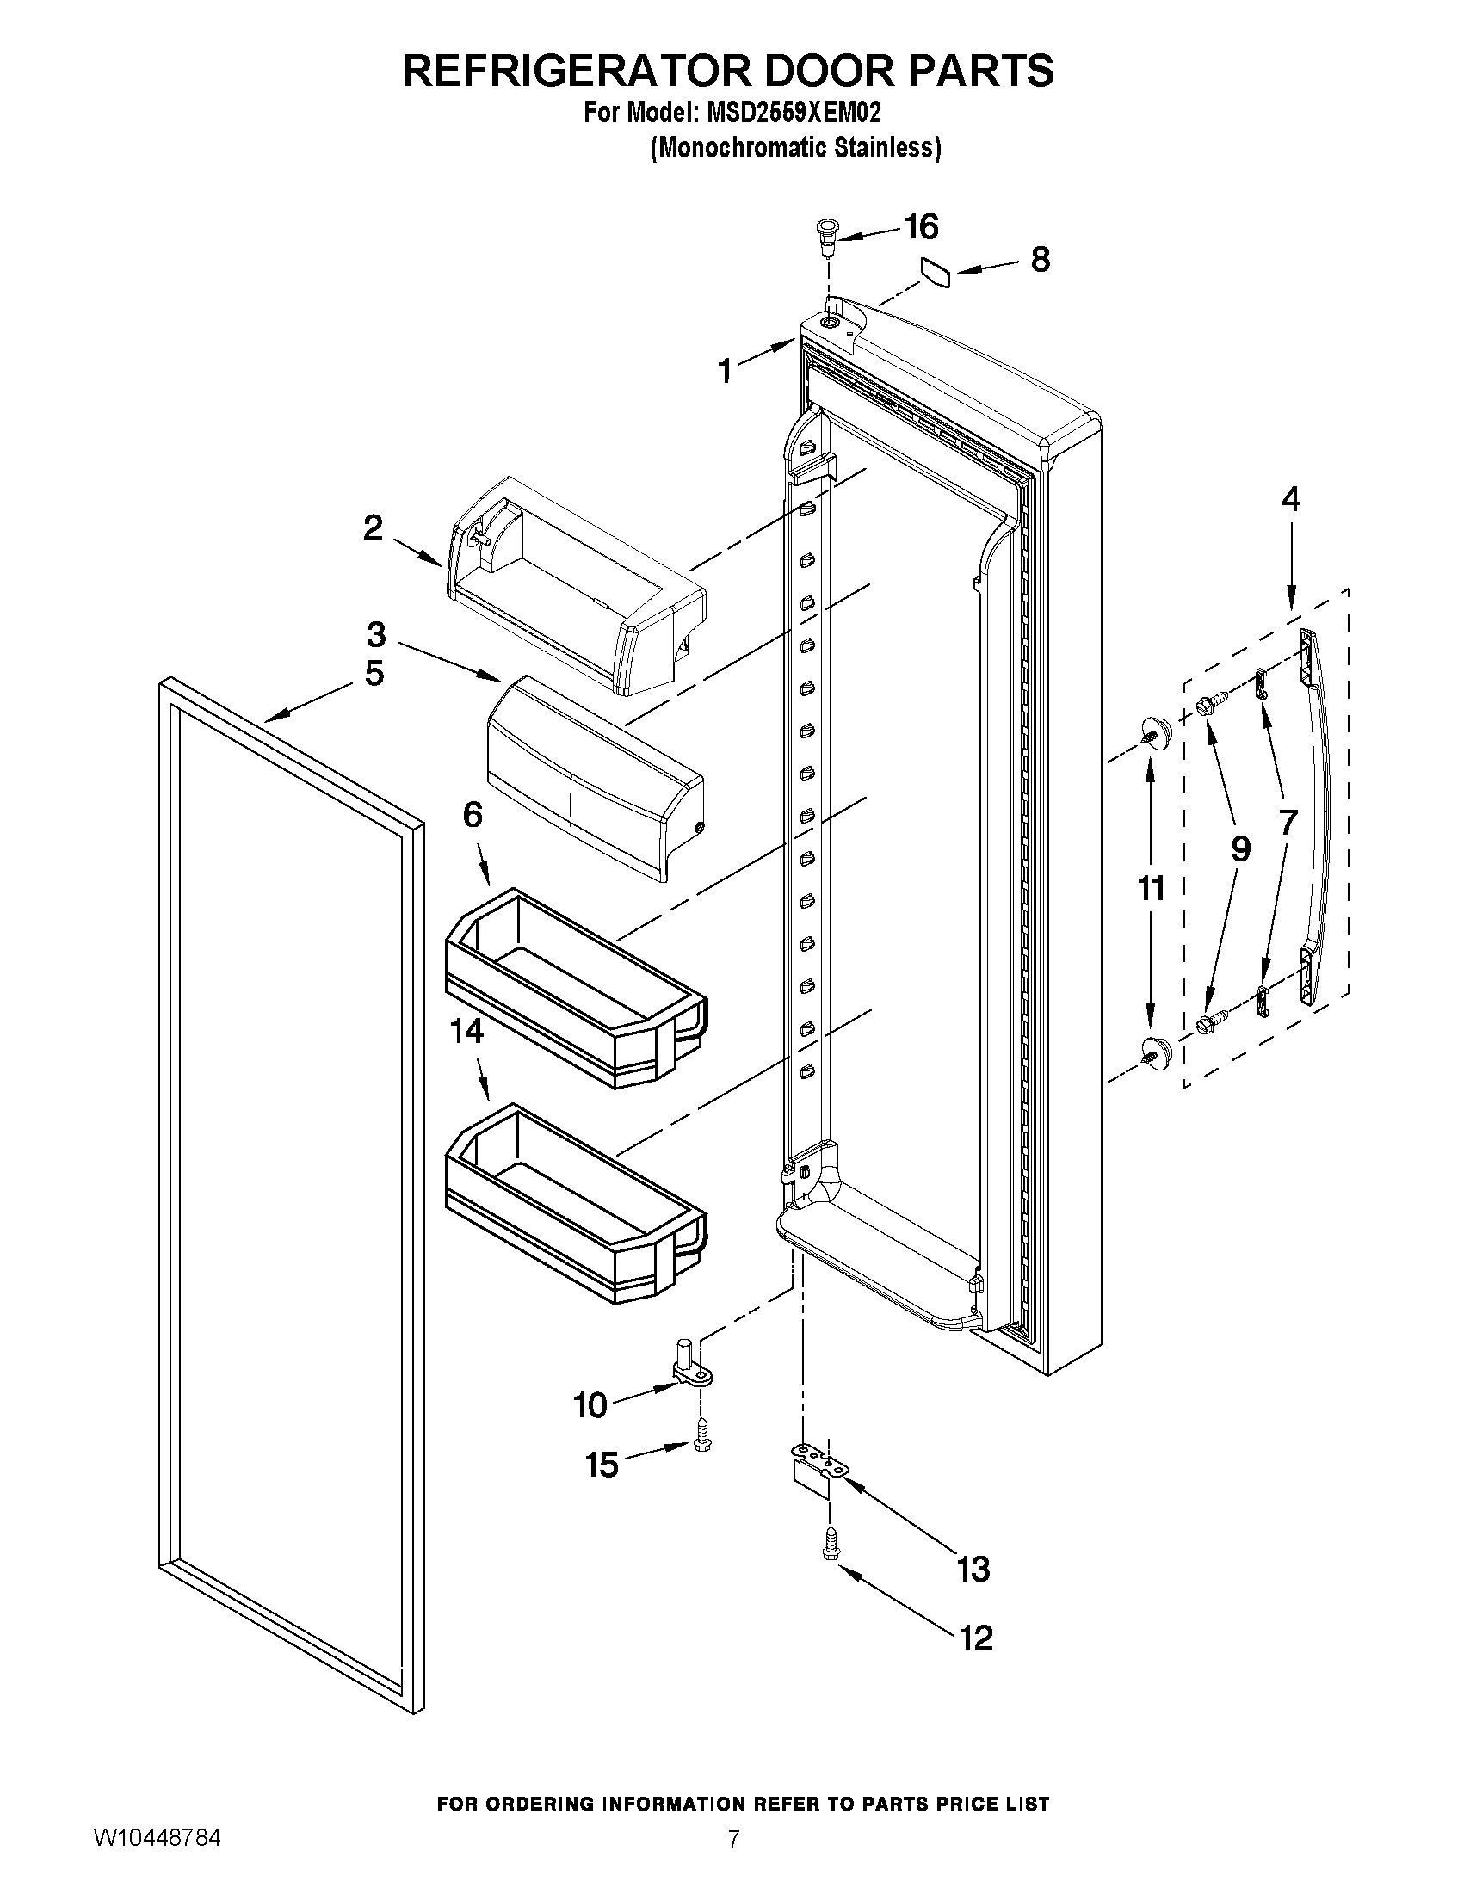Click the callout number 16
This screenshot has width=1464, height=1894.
[x=921, y=227]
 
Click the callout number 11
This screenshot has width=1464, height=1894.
[x=1151, y=888]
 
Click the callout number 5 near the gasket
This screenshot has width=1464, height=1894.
[x=374, y=673]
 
